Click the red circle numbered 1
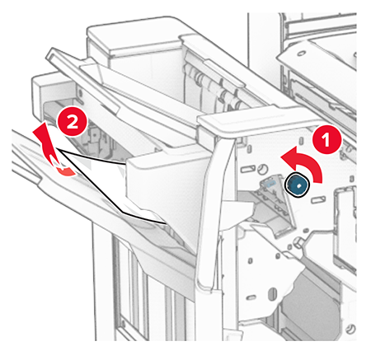326,139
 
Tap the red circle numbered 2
72,122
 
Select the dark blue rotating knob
298,185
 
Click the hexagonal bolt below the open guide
298,242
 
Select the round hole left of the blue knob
263,169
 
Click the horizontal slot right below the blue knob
318,199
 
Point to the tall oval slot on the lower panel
273,293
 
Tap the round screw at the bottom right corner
351,329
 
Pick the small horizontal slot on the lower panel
251,297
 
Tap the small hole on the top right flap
302,53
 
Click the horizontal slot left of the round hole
247,169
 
